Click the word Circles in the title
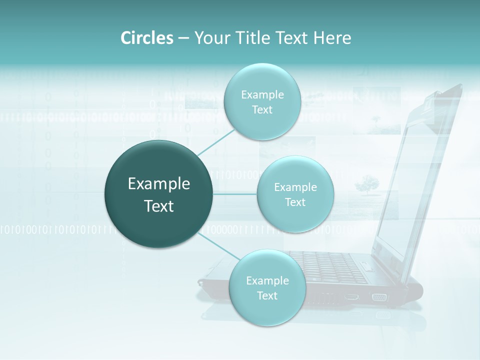(x=146, y=38)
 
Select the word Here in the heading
(x=332, y=38)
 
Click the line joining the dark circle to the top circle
(x=216, y=141)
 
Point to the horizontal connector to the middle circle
(x=235, y=193)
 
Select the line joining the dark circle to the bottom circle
(x=217, y=245)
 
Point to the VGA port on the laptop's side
(x=379, y=297)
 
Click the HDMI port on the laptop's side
(x=352, y=297)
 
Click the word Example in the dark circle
(x=159, y=184)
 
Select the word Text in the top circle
(x=262, y=110)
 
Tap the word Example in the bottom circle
(x=267, y=281)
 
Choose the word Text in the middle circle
(x=295, y=202)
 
